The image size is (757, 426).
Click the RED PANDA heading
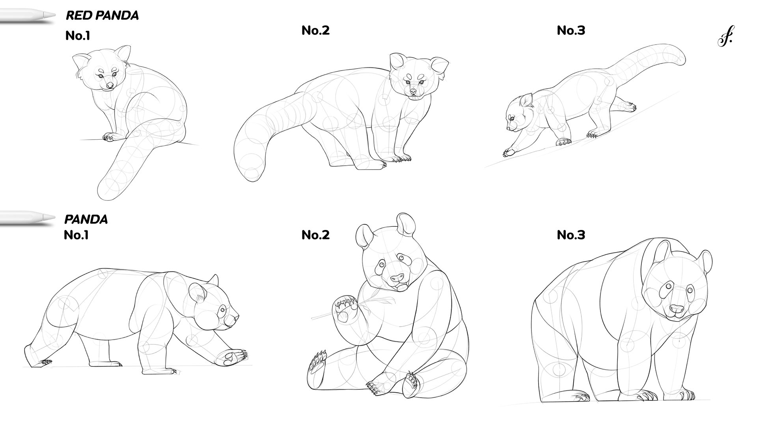[102, 15]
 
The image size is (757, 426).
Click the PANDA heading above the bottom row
[86, 219]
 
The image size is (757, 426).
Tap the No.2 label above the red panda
[315, 30]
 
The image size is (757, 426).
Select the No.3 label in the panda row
[571, 235]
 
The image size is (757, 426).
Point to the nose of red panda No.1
[110, 85]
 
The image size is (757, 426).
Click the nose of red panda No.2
[413, 92]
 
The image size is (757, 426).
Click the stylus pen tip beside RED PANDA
[51, 15]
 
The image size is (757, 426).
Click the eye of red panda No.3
[512, 118]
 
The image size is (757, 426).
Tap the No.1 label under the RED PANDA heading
[78, 36]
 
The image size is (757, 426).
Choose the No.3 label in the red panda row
[571, 30]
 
